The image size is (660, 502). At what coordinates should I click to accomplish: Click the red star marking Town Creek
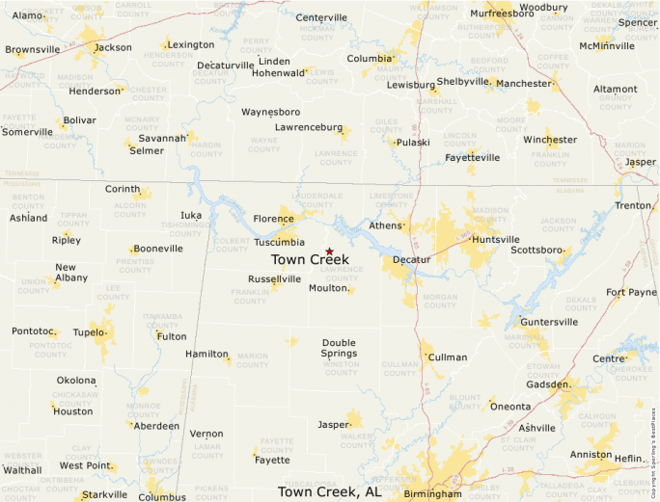point(329,251)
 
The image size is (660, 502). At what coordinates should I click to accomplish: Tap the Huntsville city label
point(496,239)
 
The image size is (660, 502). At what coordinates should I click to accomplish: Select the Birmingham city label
point(432,493)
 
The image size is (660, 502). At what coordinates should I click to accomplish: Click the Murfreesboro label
point(502,13)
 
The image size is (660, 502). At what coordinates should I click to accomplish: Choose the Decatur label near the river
point(412,260)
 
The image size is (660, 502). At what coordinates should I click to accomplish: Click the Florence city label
point(273,219)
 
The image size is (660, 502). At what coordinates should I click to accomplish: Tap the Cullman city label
point(447,357)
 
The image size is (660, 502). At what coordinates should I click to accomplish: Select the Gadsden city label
point(547,383)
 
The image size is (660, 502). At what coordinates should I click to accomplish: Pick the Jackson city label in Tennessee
point(113,47)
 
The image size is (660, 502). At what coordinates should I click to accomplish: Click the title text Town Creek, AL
point(329,491)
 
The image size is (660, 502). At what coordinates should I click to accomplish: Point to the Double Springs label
point(339,348)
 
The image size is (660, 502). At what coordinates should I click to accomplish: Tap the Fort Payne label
point(630,292)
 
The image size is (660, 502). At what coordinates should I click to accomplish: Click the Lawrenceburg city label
point(308,127)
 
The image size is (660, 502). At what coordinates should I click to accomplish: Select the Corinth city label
point(122,189)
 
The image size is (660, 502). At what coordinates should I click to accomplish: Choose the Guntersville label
point(548,321)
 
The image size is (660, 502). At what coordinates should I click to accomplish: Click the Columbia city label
point(369,58)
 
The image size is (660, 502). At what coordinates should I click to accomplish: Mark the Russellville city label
point(274,278)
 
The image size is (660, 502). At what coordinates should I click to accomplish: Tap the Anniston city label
point(590,455)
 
